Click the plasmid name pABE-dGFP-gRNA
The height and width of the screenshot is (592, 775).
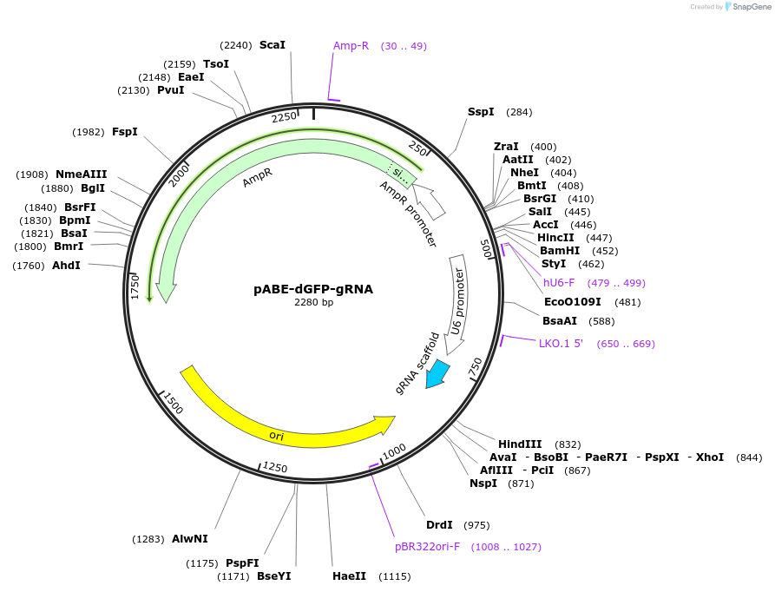(x=313, y=289)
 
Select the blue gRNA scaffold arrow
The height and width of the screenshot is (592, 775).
(x=437, y=374)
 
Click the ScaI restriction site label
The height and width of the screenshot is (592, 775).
(x=272, y=45)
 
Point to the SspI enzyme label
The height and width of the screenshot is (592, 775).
(x=481, y=112)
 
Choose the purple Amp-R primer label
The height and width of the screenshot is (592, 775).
(x=351, y=46)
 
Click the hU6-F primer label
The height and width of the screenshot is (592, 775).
(x=559, y=283)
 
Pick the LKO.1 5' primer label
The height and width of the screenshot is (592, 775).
(x=561, y=344)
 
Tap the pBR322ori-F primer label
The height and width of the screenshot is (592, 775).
(x=427, y=547)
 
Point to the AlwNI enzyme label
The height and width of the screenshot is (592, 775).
(x=190, y=539)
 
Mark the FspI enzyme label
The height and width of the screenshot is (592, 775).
(x=125, y=132)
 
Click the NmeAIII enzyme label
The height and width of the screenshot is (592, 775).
(x=82, y=174)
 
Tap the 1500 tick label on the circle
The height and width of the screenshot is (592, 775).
(x=174, y=405)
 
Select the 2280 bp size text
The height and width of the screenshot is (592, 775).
(x=313, y=303)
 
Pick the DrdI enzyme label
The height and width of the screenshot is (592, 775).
(x=440, y=525)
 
